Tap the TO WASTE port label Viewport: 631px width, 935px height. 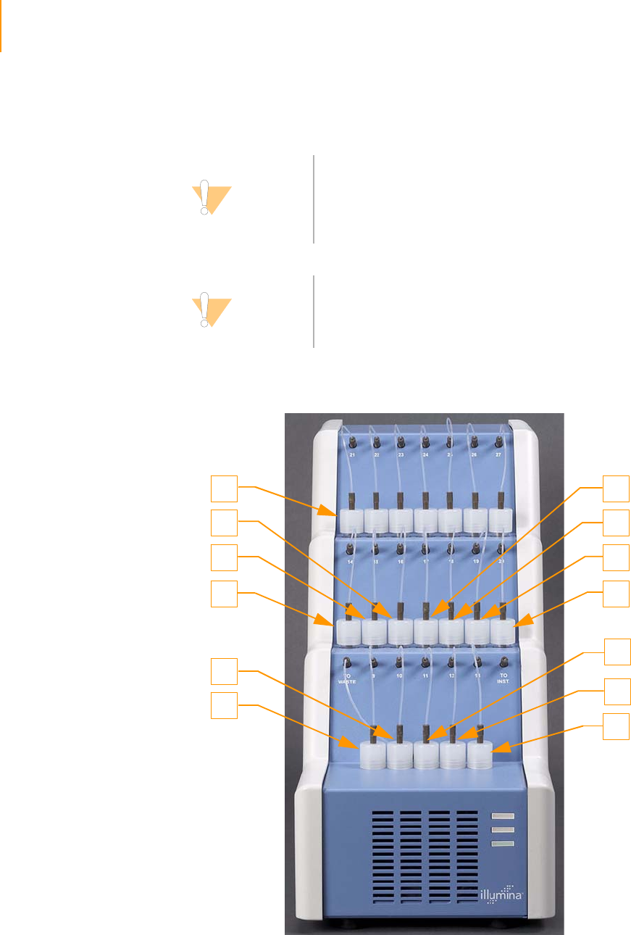tap(347, 678)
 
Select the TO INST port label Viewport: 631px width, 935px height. tap(504, 678)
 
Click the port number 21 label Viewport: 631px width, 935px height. tap(352, 455)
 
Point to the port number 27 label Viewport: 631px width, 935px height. tap(498, 455)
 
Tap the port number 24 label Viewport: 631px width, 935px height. tap(425, 455)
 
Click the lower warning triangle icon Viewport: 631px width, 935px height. tap(210, 310)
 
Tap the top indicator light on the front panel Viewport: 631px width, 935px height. tap(502, 815)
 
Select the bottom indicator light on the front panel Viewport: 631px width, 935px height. tap(502, 844)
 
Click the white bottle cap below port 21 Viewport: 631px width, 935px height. tap(351, 520)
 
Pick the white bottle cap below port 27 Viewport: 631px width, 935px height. tap(500, 520)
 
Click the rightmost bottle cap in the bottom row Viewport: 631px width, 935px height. tap(479, 755)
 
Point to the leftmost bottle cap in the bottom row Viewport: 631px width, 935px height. tap(372, 755)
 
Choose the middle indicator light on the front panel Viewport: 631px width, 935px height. tap(502, 829)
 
